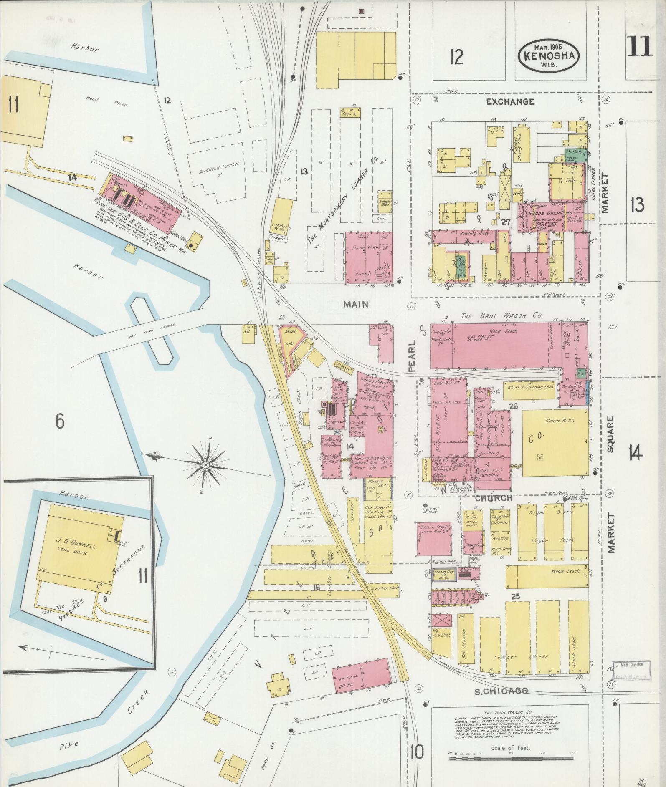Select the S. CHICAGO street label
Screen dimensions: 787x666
pos(501,691)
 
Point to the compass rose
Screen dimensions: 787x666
pos(206,464)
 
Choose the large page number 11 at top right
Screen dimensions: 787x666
pos(638,46)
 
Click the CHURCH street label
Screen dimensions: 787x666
pos(493,498)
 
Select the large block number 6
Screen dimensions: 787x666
pos(60,421)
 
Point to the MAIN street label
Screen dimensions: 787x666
pos(356,304)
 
